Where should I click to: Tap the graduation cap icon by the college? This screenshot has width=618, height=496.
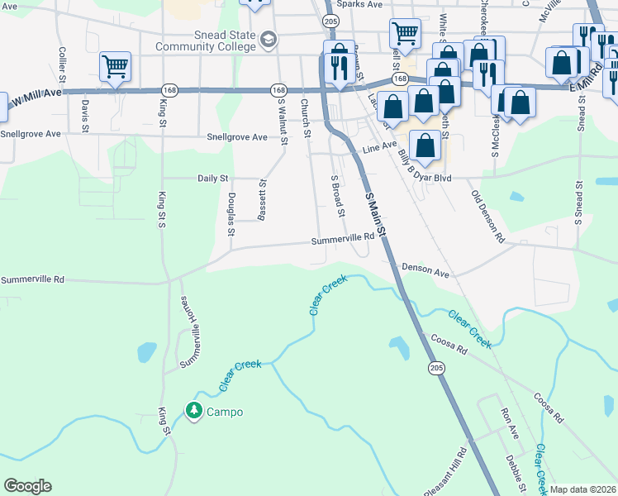(x=269, y=39)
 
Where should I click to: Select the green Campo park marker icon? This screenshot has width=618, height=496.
(x=194, y=410)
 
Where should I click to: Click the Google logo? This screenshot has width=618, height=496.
(x=27, y=486)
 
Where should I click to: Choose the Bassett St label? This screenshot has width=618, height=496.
(x=262, y=202)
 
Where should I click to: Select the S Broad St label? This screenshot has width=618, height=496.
(x=337, y=196)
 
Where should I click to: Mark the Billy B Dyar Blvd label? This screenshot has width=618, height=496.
(x=425, y=167)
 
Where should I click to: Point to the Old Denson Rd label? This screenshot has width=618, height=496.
(x=487, y=215)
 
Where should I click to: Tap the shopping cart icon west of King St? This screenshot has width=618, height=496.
(x=114, y=66)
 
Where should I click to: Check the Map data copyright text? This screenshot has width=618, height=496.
(x=582, y=489)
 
